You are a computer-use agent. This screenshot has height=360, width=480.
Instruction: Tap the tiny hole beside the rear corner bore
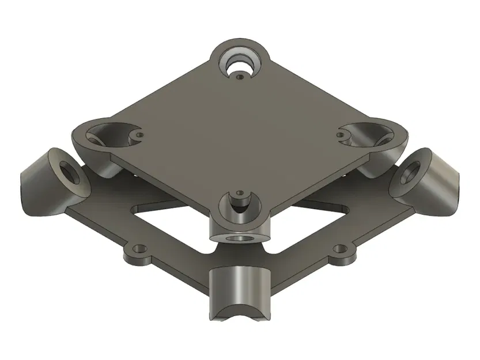click(240, 73)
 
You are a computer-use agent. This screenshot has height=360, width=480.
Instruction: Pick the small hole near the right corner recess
click(341, 136)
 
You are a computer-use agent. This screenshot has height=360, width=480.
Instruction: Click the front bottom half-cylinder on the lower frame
click(240, 288)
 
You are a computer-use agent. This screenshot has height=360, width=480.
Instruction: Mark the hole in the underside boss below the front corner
click(239, 237)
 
